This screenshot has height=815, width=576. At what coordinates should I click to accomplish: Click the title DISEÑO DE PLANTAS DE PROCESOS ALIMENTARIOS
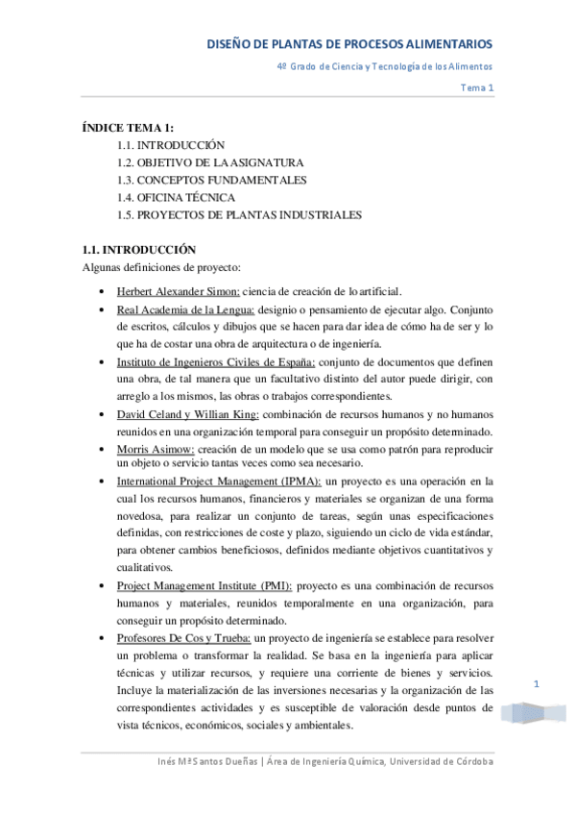click(x=350, y=44)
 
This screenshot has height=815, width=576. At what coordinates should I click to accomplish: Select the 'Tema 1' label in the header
click(x=477, y=87)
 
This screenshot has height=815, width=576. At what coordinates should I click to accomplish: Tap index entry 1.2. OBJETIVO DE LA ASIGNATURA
click(x=210, y=162)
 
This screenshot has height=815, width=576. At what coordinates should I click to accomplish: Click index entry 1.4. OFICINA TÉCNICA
click(x=176, y=197)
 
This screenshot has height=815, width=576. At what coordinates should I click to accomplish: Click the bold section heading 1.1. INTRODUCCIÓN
click(x=139, y=249)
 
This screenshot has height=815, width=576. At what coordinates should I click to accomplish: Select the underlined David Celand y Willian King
click(x=187, y=414)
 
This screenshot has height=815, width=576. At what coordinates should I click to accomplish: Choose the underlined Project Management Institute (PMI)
click(x=204, y=585)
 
